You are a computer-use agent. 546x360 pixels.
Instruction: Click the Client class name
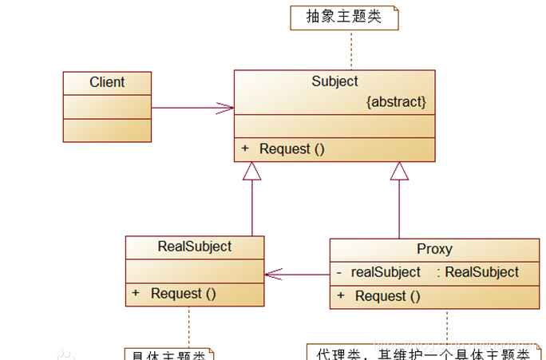tap(107, 82)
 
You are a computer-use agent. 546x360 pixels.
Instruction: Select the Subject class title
tap(334, 81)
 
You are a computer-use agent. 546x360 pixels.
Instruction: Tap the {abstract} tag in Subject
tap(396, 102)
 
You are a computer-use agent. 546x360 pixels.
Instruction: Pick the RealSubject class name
tap(195, 247)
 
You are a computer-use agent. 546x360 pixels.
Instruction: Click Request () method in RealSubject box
tap(184, 294)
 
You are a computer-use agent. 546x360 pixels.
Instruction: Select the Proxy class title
tap(434, 250)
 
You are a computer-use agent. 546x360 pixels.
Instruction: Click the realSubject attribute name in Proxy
tap(386, 272)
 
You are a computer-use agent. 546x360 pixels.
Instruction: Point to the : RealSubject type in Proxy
tap(477, 272)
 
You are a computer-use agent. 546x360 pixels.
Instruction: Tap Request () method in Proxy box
tap(387, 296)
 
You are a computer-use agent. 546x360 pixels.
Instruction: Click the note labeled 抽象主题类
tap(344, 17)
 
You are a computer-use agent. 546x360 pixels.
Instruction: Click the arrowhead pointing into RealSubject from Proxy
tap(274, 274)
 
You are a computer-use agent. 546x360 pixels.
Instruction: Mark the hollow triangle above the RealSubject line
tap(252, 171)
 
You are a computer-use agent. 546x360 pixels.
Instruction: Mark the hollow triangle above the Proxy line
tap(399, 171)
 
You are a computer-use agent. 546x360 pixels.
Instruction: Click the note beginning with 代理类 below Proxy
tap(423, 353)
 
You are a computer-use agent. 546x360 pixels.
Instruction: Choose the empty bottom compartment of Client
tap(107, 130)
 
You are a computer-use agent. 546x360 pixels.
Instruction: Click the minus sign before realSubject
tap(339, 272)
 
